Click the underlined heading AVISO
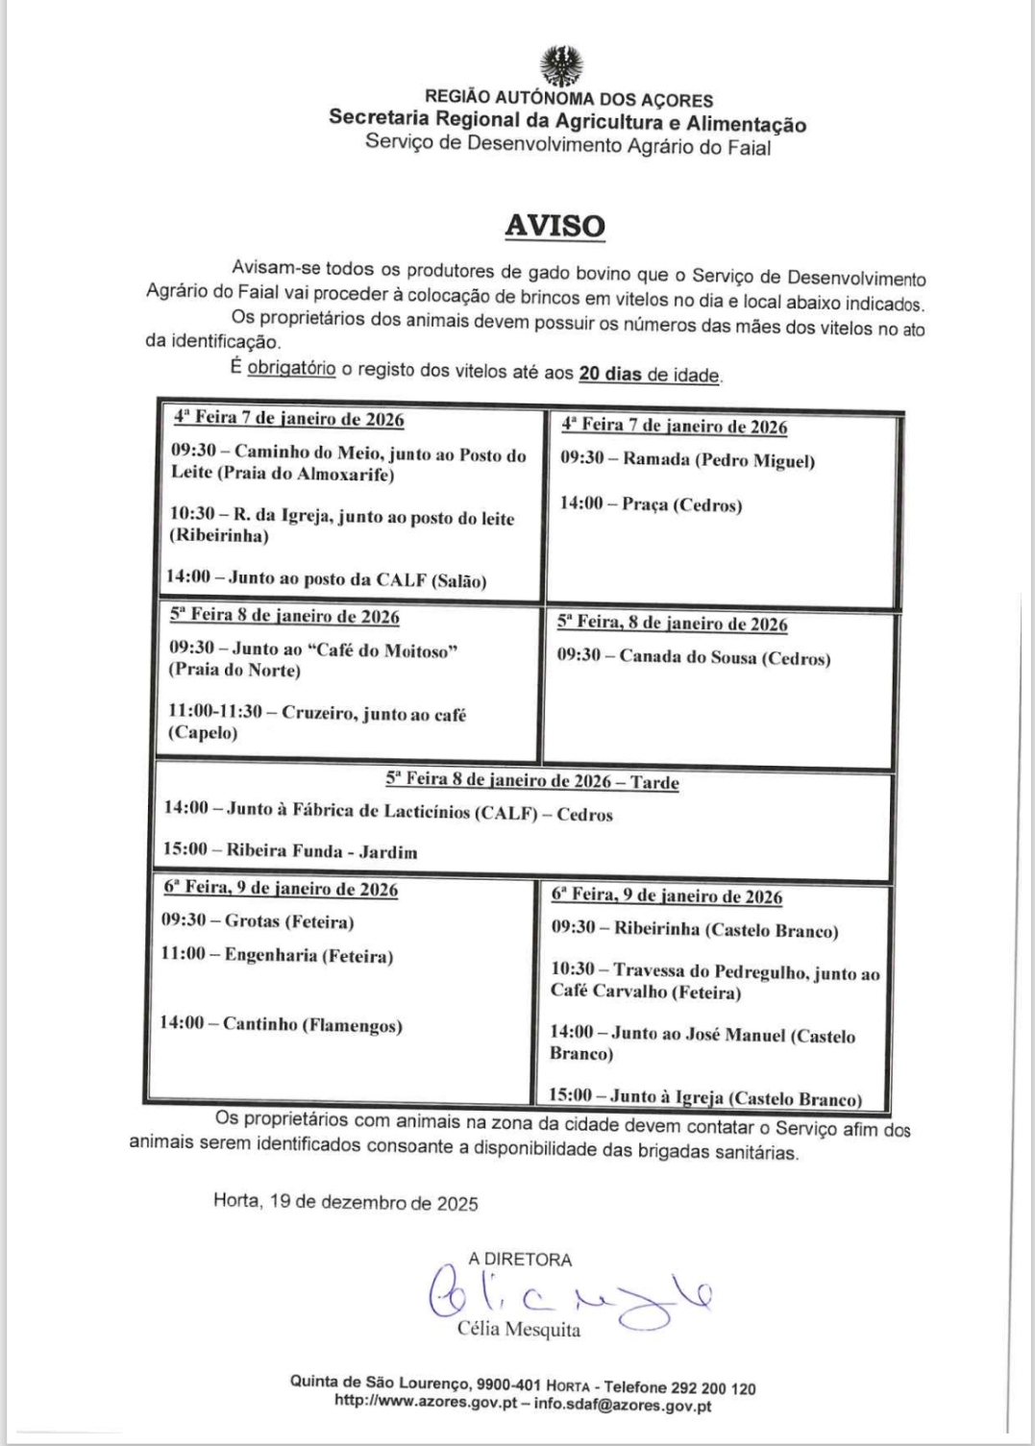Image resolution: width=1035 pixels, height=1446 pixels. [555, 226]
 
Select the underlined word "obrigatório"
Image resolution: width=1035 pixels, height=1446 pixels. [291, 368]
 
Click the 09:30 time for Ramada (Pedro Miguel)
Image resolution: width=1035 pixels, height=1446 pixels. [582, 459]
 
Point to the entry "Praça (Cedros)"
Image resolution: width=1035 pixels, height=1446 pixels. [681, 504]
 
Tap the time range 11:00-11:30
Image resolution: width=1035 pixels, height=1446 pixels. [220, 712]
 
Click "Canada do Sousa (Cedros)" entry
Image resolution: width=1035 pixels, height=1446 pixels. [725, 658]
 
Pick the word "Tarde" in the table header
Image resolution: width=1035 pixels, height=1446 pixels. [654, 782]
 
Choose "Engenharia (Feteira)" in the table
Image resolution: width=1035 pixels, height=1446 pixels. [308, 956]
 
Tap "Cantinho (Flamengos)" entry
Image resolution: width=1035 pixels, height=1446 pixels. [312, 1025]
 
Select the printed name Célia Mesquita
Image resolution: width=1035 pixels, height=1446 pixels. [519, 1331]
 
